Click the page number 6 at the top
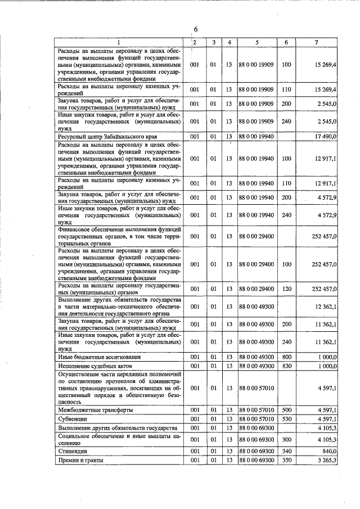195,30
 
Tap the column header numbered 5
256,42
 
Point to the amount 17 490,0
326,137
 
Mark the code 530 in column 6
286,419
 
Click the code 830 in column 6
286,366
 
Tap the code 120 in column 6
286,289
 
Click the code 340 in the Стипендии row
286,451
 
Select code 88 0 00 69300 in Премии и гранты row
256,460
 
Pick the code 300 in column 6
286,439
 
